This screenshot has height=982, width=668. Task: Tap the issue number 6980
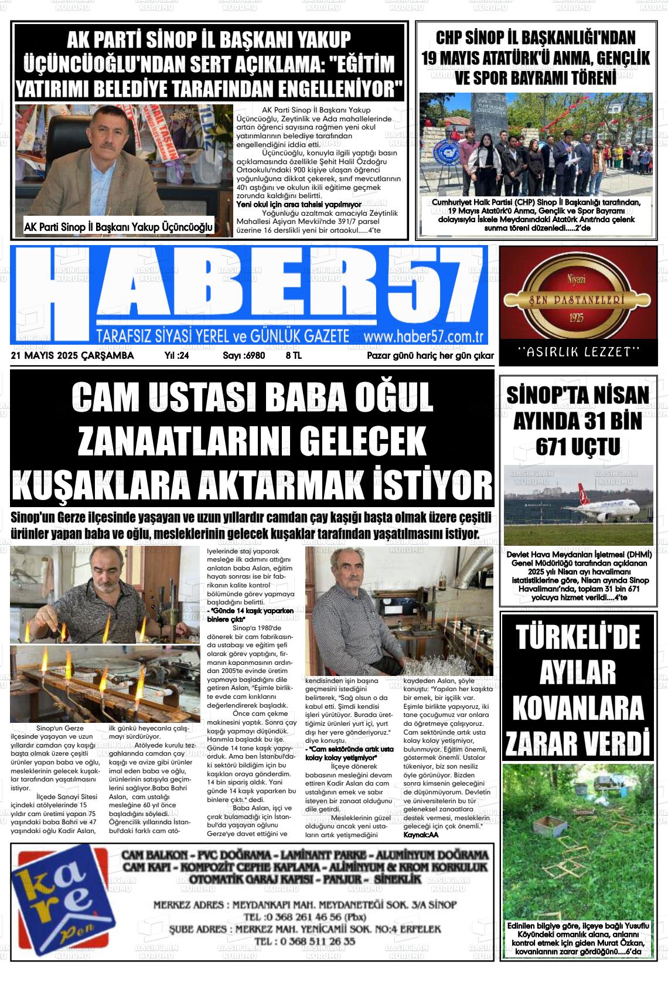point(244,356)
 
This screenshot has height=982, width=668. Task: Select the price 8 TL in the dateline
point(294,356)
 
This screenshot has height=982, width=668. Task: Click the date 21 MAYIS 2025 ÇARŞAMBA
point(72,356)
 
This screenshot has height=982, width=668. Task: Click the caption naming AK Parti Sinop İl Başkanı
point(119,227)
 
